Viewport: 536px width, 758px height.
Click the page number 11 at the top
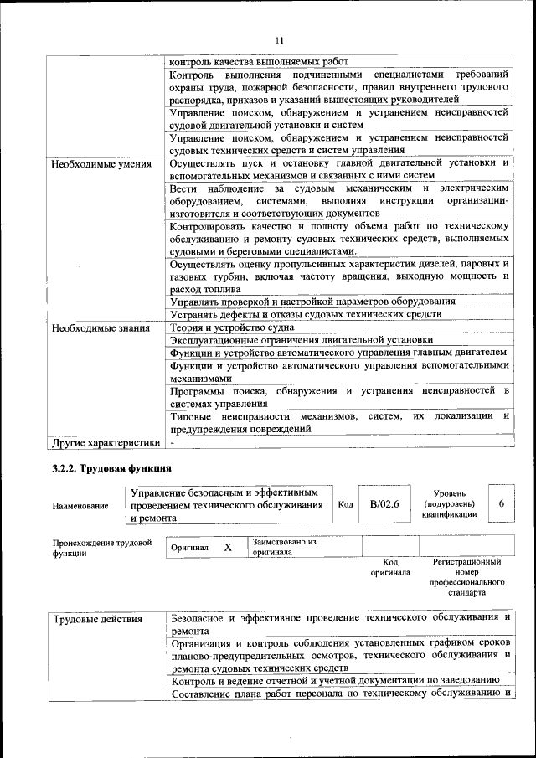(279, 39)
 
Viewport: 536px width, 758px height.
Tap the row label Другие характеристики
(105, 441)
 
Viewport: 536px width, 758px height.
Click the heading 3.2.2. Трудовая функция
(111, 467)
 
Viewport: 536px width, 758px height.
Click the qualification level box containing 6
(501, 504)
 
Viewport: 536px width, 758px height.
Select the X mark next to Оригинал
(228, 547)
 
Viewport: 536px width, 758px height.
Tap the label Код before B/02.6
(345, 505)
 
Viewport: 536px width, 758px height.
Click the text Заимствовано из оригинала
(284, 547)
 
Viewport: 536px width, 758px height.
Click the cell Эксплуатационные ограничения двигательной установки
(301, 340)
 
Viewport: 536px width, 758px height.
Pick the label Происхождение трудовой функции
(101, 548)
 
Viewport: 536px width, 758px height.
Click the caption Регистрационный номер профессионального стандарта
(466, 577)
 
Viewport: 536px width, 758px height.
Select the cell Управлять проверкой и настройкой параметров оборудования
(312, 301)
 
